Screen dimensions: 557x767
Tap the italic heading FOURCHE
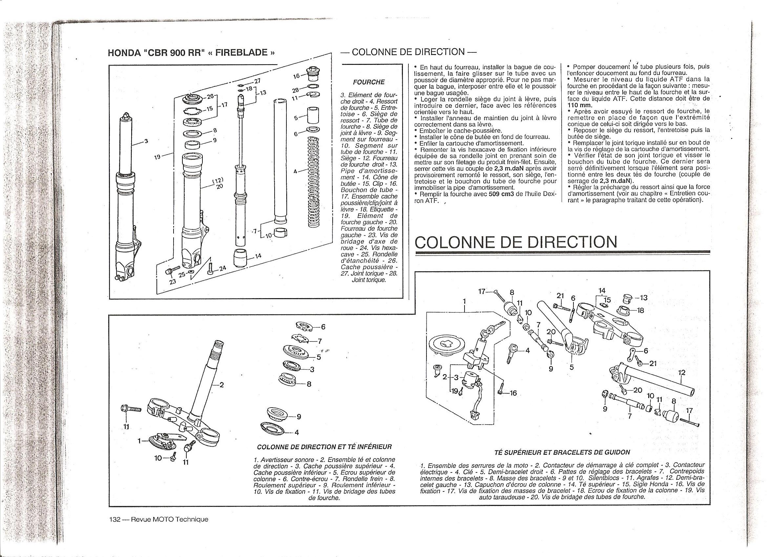[369, 82]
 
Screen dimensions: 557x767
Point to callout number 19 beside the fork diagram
[157, 157]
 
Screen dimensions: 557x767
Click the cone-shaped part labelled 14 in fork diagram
[240, 258]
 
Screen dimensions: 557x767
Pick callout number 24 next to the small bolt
[222, 269]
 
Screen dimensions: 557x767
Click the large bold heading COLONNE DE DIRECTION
[516, 242]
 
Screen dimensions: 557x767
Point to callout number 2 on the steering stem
[222, 384]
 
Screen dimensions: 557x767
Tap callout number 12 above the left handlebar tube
[681, 373]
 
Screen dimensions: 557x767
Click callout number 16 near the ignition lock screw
[513, 393]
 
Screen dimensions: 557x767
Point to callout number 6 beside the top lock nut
[322, 327]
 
